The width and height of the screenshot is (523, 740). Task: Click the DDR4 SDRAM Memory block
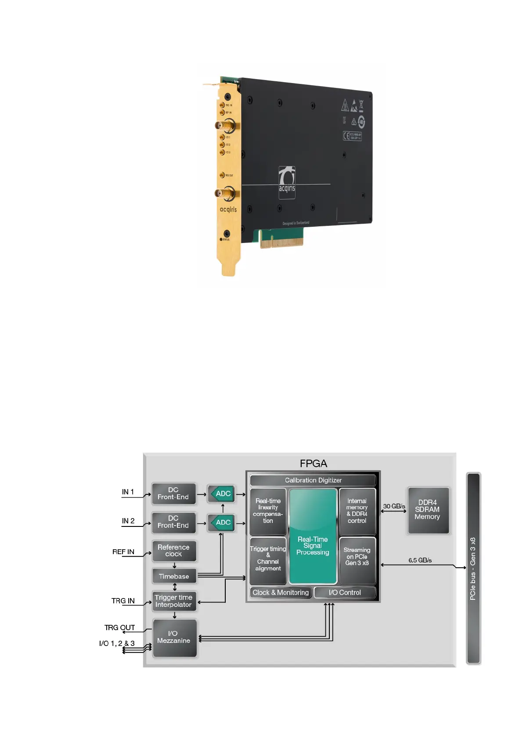[428, 510]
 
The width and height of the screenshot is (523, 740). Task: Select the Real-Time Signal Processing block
[313, 536]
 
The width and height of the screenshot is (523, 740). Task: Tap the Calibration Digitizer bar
[313, 480]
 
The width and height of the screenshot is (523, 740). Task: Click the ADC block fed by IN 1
[222, 494]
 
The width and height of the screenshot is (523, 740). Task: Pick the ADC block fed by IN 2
[222, 522]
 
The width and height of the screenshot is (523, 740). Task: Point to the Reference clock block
[173, 551]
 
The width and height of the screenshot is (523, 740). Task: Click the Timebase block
[174, 577]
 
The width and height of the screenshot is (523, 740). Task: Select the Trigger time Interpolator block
[173, 601]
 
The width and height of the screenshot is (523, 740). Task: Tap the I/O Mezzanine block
[174, 637]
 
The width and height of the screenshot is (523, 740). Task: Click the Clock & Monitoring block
[281, 592]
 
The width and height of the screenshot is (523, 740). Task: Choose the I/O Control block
[345, 592]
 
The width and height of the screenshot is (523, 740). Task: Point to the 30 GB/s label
[394, 506]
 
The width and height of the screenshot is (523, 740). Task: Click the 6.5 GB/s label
[420, 560]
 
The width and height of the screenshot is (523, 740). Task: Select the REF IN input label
[123, 552]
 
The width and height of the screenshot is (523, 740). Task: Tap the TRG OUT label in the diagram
[119, 628]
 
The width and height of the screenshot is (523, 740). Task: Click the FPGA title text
[313, 464]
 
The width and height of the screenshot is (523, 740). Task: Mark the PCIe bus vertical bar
[473, 569]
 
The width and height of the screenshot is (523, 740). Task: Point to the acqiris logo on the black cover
[287, 182]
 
